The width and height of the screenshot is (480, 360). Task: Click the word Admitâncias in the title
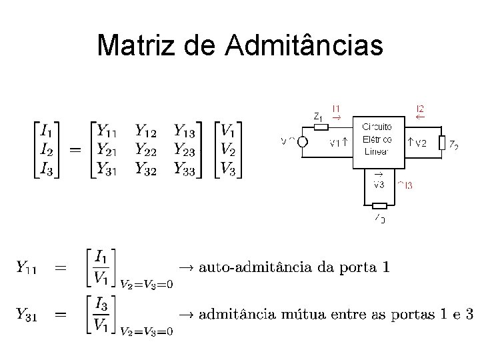pos(305,45)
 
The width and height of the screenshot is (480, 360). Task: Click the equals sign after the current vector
pos(75,149)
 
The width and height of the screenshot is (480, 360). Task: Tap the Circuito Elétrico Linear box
pos(378,138)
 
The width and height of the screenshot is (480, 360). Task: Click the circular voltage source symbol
pos(302,141)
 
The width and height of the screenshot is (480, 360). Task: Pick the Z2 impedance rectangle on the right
pos(441,143)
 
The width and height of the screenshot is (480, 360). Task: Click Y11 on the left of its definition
pos(27,267)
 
